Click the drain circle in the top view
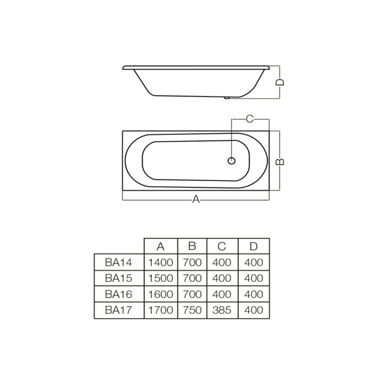pyautogui.click(x=231, y=161)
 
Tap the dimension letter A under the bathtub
pyautogui.click(x=196, y=199)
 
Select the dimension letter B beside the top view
pyautogui.click(x=280, y=161)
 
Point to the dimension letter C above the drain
pyautogui.click(x=249, y=119)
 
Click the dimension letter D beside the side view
pyautogui.click(x=280, y=82)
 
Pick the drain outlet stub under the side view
pyautogui.click(x=226, y=98)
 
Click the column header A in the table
pyautogui.click(x=160, y=247)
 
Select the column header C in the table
pyautogui.click(x=222, y=246)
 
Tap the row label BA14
pyautogui.click(x=118, y=262)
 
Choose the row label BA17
pyautogui.click(x=118, y=310)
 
